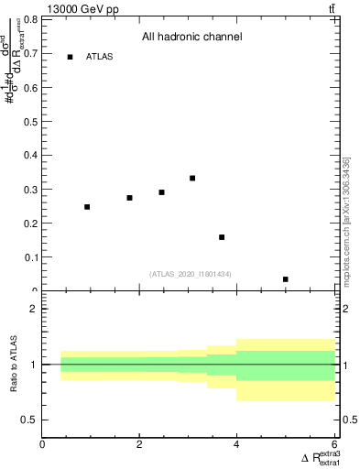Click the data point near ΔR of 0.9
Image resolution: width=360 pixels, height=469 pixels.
[87, 207]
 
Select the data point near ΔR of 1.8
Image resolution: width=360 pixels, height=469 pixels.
[130, 198]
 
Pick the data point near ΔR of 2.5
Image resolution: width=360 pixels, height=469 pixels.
[161, 192]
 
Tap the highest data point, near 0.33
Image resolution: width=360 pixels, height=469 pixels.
[192, 178]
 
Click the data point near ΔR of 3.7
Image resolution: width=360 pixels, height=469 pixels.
[222, 237]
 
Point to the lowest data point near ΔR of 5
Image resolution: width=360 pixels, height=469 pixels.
[286, 279]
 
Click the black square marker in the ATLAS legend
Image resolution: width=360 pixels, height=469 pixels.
[70, 57]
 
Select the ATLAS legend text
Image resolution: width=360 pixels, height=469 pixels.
[100, 57]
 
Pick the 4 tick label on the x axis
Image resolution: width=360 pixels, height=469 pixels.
[236, 445]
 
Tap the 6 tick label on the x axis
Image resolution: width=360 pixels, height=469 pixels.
[333, 445]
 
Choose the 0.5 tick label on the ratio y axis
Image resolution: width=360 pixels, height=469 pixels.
[30, 420]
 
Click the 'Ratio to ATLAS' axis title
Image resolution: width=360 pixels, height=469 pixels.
[12, 365]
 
